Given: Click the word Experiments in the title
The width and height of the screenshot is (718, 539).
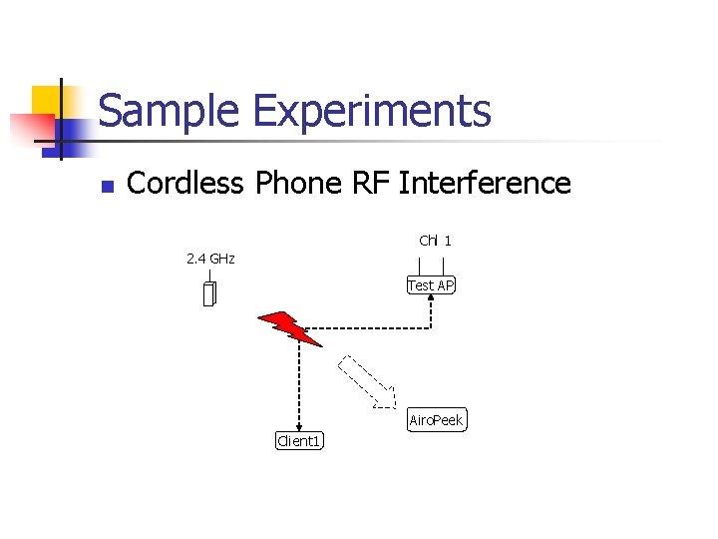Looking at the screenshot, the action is coord(372,111).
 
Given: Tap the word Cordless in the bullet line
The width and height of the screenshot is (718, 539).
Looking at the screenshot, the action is coord(187,183).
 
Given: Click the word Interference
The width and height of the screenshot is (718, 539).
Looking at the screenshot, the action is coord(485,183).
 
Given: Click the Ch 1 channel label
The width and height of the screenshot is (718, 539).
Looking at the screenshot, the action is coord(435,241).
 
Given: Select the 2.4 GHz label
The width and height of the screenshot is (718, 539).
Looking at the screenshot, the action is coord(210,260).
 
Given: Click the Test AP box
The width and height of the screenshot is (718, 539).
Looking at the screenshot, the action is coord(431,285).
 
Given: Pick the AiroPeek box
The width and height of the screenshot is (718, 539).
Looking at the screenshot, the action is coord(437,420).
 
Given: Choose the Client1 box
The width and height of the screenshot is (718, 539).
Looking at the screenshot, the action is coord(299,440).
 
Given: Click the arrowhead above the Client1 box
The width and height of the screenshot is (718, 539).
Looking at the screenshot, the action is coord(299,426).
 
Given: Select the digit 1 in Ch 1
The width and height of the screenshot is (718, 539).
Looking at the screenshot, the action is coord(449,241).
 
